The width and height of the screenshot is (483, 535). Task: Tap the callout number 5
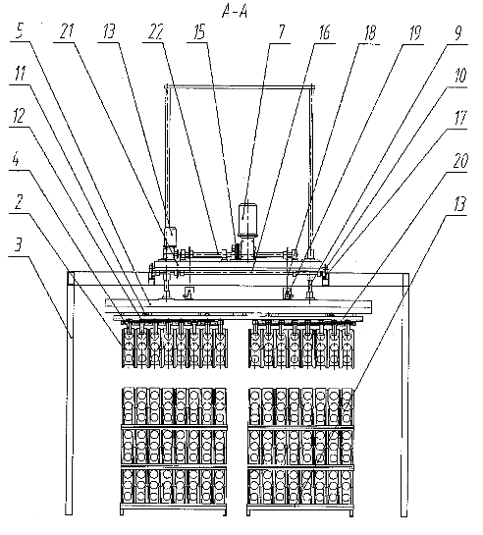click(20, 31)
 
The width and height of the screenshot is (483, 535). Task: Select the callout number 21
click(67, 31)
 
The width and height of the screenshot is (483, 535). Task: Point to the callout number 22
click(155, 31)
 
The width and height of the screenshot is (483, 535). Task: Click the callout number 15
click(199, 32)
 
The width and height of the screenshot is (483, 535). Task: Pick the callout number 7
click(281, 31)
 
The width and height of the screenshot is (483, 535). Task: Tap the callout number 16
click(324, 31)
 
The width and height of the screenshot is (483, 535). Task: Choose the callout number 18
click(370, 32)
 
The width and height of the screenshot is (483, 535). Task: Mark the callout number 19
click(415, 32)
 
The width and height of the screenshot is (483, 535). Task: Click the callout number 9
click(458, 32)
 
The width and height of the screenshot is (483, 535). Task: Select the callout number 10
click(460, 76)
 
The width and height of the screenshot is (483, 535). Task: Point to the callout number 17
click(460, 118)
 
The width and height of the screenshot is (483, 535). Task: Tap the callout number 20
click(459, 161)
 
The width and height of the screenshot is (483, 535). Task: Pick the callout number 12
click(19, 116)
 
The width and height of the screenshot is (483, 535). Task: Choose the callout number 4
click(16, 159)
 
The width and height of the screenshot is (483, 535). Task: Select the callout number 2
click(18, 201)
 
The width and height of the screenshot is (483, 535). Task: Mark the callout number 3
click(19, 244)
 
